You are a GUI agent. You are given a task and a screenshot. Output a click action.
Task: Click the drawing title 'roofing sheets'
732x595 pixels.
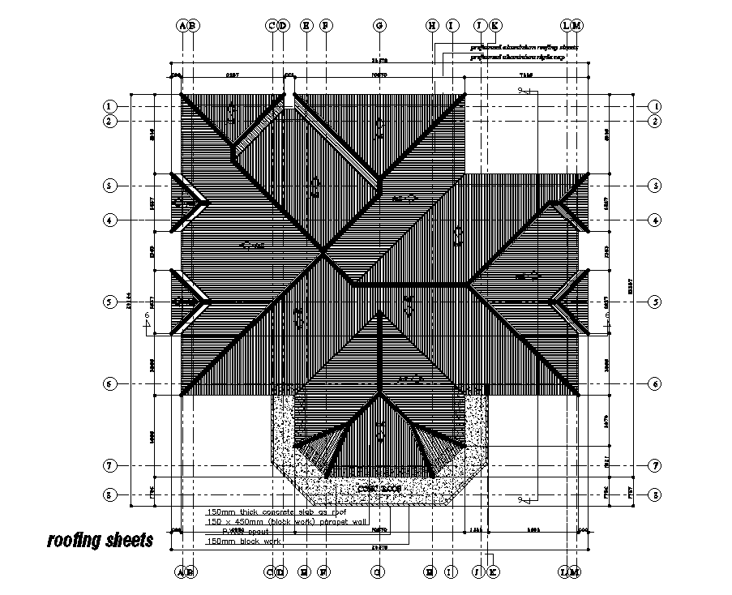click(x=99, y=540)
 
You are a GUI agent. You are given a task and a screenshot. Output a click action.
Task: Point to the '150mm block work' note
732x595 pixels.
click(x=244, y=541)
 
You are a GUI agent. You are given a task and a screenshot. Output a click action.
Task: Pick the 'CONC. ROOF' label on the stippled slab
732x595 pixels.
click(x=379, y=489)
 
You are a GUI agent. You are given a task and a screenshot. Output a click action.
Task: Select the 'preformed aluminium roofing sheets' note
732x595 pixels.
click(x=524, y=48)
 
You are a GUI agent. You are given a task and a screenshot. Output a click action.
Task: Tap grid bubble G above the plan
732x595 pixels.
click(x=379, y=25)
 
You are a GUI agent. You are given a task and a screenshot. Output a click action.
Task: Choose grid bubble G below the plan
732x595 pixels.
click(x=379, y=572)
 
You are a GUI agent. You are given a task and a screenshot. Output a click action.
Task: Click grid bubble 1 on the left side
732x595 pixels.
click(x=109, y=106)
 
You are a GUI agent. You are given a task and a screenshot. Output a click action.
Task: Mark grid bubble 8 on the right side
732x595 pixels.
click(x=655, y=494)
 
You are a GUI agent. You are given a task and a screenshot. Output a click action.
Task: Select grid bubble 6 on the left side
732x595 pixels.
click(x=109, y=383)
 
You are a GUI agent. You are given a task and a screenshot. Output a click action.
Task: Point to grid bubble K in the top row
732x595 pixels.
click(x=495, y=25)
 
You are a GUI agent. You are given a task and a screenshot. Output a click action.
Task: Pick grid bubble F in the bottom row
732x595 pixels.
click(x=323, y=572)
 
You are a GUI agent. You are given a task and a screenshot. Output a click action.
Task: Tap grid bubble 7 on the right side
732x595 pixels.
click(x=655, y=466)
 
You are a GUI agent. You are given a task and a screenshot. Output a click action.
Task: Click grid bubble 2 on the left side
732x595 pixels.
click(x=109, y=122)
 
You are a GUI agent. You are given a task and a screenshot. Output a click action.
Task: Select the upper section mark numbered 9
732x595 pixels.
click(x=520, y=92)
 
